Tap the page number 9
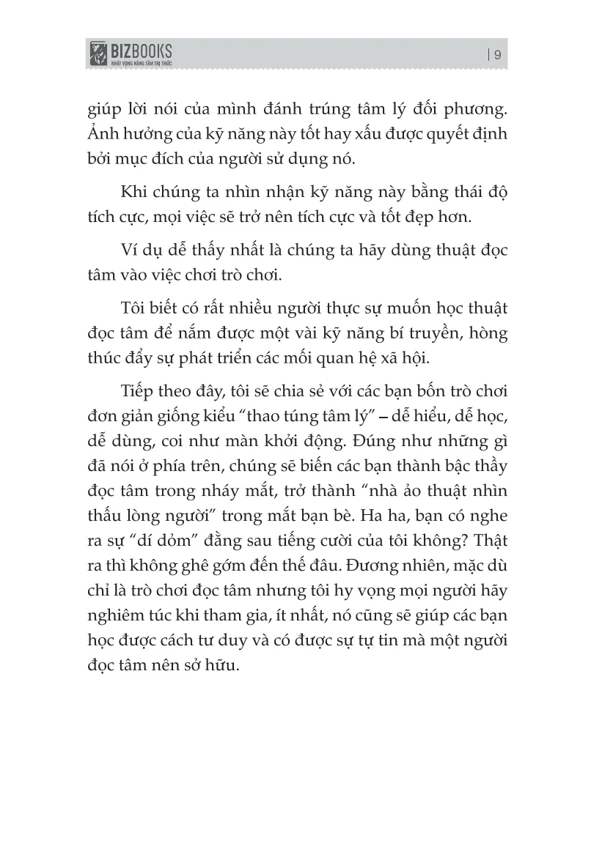[496, 55]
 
